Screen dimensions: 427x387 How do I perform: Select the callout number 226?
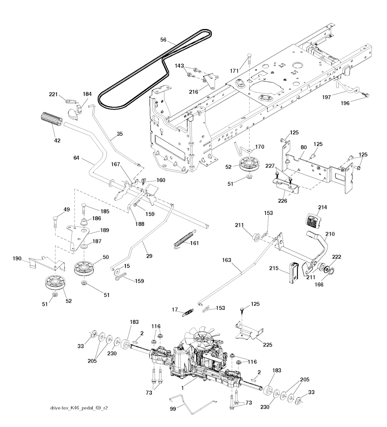click(282, 201)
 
